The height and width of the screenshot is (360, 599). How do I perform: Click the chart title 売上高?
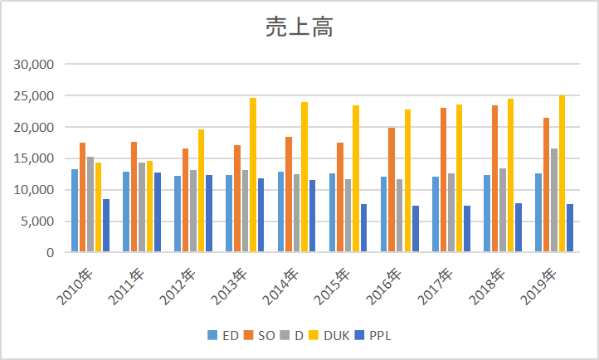coord(299,27)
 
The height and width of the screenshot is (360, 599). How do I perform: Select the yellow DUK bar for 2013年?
coord(253,175)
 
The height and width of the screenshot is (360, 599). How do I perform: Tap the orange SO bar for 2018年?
coord(495,178)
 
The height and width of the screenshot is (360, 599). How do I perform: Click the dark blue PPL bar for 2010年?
coord(106,226)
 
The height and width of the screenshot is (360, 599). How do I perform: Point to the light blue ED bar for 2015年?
coord(333,212)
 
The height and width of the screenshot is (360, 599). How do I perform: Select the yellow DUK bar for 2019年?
coord(562,173)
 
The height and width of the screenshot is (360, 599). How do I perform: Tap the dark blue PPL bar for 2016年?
coord(416,229)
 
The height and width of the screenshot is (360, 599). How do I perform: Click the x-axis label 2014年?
coord(281,286)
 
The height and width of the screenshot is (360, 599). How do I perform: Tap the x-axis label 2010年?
coord(75,286)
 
